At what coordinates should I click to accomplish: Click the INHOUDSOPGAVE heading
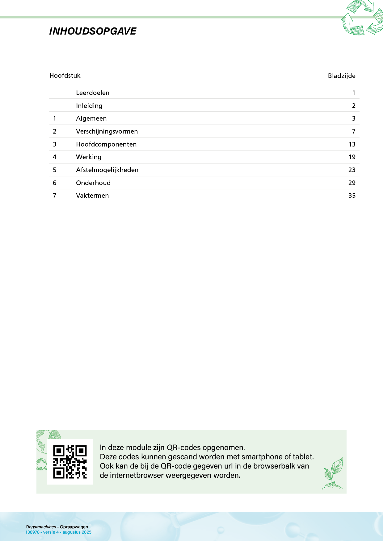(x=93, y=31)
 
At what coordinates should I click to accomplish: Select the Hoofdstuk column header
(x=65, y=76)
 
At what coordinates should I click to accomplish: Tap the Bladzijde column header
(x=341, y=76)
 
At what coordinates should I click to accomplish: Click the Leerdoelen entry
(x=93, y=93)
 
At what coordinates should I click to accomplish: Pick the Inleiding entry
(x=89, y=106)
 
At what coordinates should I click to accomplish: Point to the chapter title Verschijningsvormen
(x=107, y=131)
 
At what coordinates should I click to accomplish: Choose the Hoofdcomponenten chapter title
(x=106, y=144)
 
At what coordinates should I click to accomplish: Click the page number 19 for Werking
(x=352, y=157)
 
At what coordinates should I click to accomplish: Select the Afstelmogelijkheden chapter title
(x=107, y=170)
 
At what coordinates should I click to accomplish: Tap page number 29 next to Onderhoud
(x=352, y=183)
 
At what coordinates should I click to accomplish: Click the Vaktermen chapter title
(x=92, y=196)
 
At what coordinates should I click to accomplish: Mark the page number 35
(x=352, y=196)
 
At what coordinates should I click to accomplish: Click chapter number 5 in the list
(x=55, y=170)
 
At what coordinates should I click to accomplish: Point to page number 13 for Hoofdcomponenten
(x=352, y=144)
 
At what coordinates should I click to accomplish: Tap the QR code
(x=70, y=462)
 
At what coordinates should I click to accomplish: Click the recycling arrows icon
(x=362, y=18)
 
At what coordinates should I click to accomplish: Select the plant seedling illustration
(x=333, y=473)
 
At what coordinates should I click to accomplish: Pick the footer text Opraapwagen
(x=74, y=527)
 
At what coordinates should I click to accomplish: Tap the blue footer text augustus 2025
(x=77, y=532)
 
